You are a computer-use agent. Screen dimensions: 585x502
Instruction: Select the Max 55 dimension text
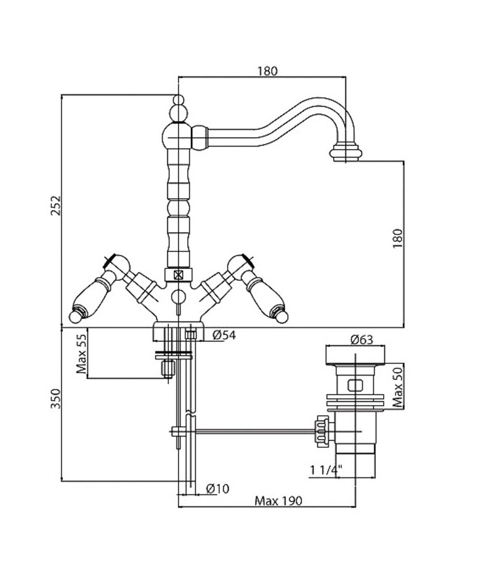80,355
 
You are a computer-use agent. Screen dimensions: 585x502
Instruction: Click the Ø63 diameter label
362,339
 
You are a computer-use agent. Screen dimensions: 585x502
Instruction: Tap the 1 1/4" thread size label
325,472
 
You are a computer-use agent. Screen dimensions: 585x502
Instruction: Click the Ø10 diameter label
216,488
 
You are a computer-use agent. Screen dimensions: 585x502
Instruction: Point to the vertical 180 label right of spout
397,238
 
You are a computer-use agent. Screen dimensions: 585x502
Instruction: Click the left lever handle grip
89,299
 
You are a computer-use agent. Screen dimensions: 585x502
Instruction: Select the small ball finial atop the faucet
178,100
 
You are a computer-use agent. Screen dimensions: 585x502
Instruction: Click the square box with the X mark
178,275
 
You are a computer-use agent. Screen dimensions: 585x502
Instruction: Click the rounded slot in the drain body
355,386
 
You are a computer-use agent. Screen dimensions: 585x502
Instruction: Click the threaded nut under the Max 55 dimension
165,368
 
